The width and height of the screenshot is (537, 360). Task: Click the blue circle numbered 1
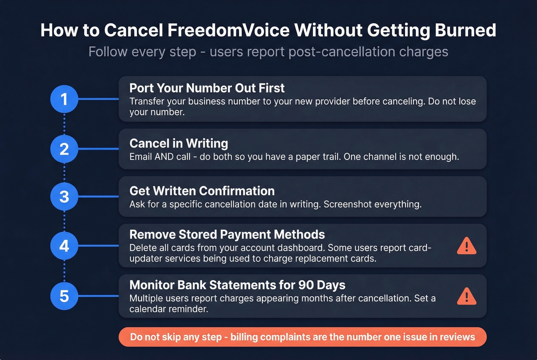pos(64,99)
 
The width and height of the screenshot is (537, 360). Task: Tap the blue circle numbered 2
pos(64,149)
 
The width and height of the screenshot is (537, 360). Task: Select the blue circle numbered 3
pos(64,197)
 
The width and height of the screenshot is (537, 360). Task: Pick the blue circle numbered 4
pos(64,246)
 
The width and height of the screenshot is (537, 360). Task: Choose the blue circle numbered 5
pos(64,296)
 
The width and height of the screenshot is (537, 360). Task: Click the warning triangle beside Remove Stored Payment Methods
pos(466,246)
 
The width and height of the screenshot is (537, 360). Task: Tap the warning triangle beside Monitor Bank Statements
pos(466,296)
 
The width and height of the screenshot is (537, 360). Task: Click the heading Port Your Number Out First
pos(207,88)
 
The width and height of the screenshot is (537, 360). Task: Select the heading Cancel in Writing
pos(179,143)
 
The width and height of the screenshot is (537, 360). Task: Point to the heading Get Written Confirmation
pos(202,191)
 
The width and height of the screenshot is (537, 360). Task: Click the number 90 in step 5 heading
pos(306,285)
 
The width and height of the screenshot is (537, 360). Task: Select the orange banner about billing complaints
pos(302,337)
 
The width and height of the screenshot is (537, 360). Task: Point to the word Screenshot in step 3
pos(348,204)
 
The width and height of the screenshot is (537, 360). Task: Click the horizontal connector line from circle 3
pos(98,197)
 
